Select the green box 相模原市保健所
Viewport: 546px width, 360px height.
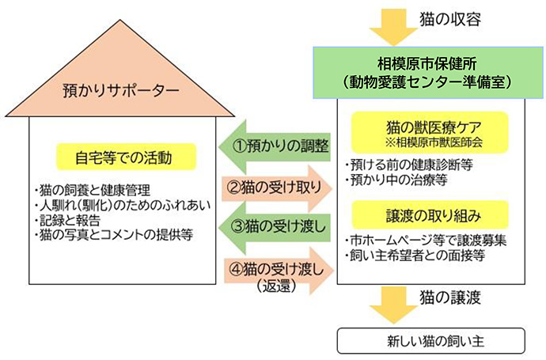430,72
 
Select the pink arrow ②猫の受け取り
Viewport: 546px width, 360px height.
278,188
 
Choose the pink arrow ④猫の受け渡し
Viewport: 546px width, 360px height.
278,267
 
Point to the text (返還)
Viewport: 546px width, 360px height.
277,286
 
